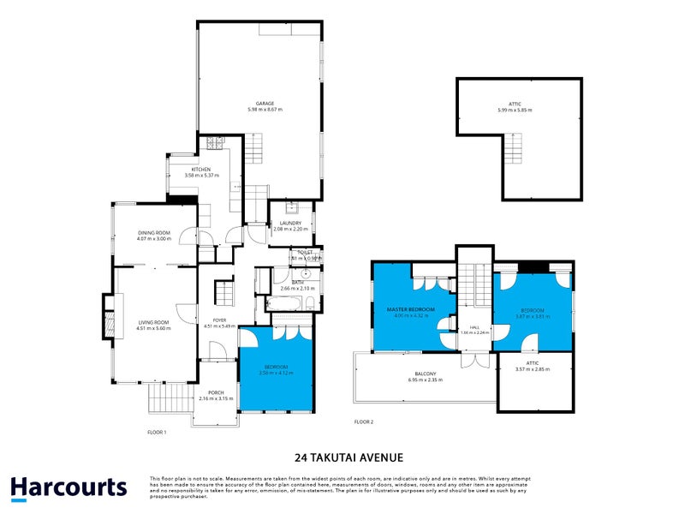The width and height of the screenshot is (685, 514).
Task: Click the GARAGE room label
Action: click(265, 104)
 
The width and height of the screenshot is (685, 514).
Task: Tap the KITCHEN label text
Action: click(201, 170)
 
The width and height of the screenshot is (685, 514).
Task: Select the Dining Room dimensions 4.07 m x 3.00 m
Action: click(155, 239)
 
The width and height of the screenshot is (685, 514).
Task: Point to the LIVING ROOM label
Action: click(154, 322)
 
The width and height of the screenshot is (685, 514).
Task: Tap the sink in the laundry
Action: click(292, 206)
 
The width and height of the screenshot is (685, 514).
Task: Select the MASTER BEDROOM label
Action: click(410, 308)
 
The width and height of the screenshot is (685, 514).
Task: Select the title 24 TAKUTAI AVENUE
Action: click(342, 457)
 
